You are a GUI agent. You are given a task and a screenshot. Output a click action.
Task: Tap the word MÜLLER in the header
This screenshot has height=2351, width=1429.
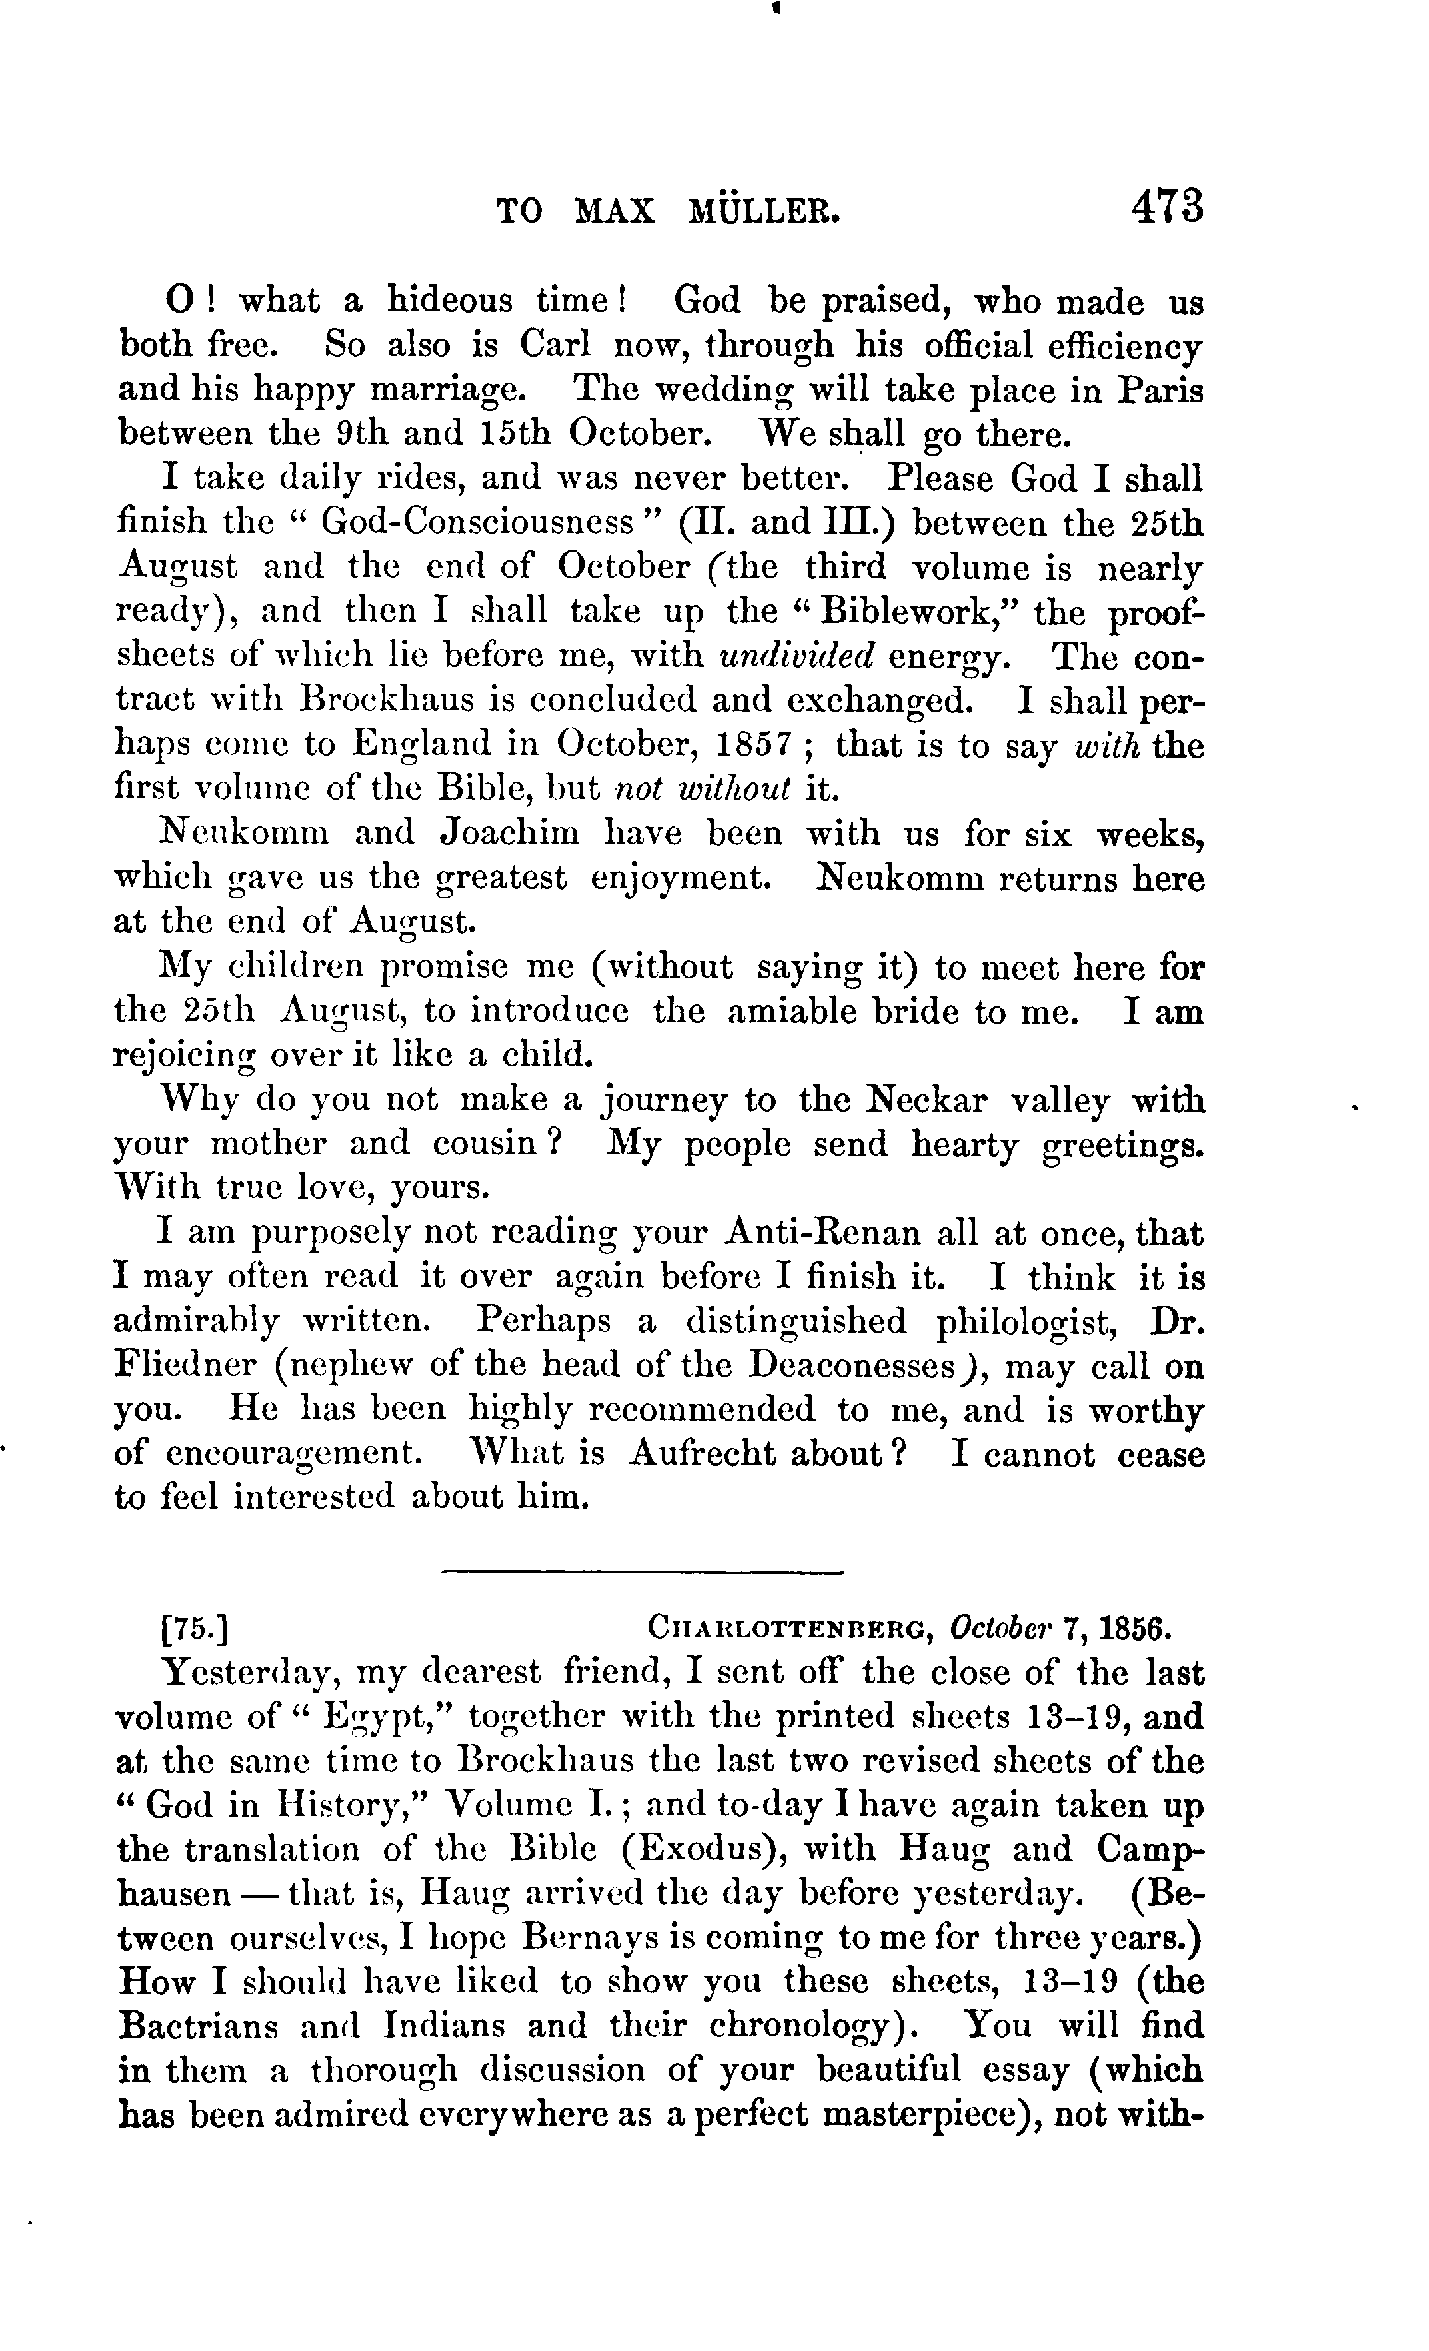(764, 211)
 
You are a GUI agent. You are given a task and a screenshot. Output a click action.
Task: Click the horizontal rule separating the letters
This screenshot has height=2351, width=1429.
(643, 1571)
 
